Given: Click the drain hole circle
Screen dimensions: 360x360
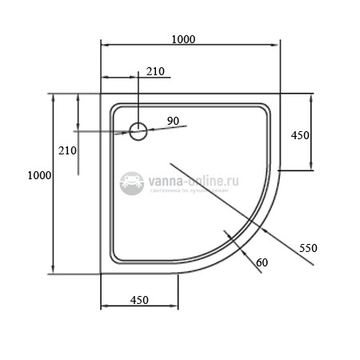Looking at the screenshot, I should [138, 130].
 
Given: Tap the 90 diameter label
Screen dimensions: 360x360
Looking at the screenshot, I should [173, 121].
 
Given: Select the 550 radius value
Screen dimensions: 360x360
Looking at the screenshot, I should [308, 247].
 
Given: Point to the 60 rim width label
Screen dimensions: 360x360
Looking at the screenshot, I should [262, 262].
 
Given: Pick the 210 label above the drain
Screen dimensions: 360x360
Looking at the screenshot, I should [155, 72].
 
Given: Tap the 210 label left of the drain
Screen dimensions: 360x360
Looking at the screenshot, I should [67, 150].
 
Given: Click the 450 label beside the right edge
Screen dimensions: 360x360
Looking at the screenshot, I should [300, 136].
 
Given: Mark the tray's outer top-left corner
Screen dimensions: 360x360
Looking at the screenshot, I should [101, 94].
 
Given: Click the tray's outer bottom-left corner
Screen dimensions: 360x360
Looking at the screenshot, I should [101, 273].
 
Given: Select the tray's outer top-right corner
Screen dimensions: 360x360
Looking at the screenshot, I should [278, 94].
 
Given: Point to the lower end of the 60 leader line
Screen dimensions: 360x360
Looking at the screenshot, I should [263, 274].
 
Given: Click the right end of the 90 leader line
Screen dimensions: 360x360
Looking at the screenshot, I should [186, 125].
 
